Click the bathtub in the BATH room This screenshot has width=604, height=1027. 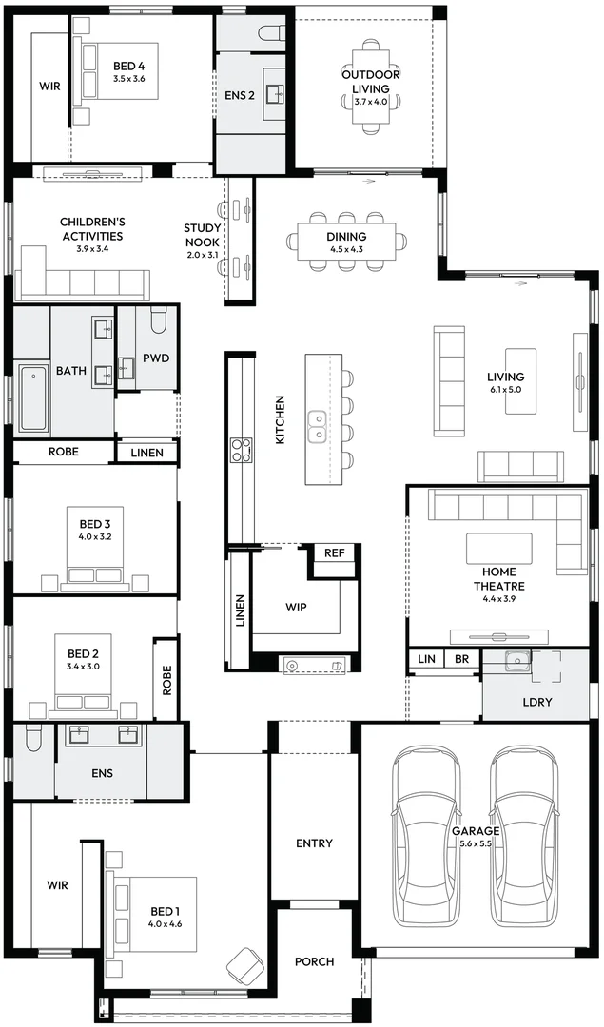click(x=32, y=397)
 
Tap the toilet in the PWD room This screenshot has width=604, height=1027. click(x=158, y=323)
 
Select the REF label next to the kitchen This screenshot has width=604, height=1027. click(x=334, y=553)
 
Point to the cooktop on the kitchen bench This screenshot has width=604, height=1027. click(x=242, y=448)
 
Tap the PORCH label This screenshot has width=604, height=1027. click(x=314, y=961)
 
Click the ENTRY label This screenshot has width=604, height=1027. click(x=314, y=843)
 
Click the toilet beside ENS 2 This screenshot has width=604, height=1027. click(x=271, y=33)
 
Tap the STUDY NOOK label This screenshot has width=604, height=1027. click(x=202, y=235)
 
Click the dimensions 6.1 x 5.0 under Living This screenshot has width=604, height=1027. click(x=505, y=390)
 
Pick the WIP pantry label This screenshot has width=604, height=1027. click(x=296, y=606)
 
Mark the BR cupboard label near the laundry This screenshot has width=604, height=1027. click(x=461, y=658)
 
